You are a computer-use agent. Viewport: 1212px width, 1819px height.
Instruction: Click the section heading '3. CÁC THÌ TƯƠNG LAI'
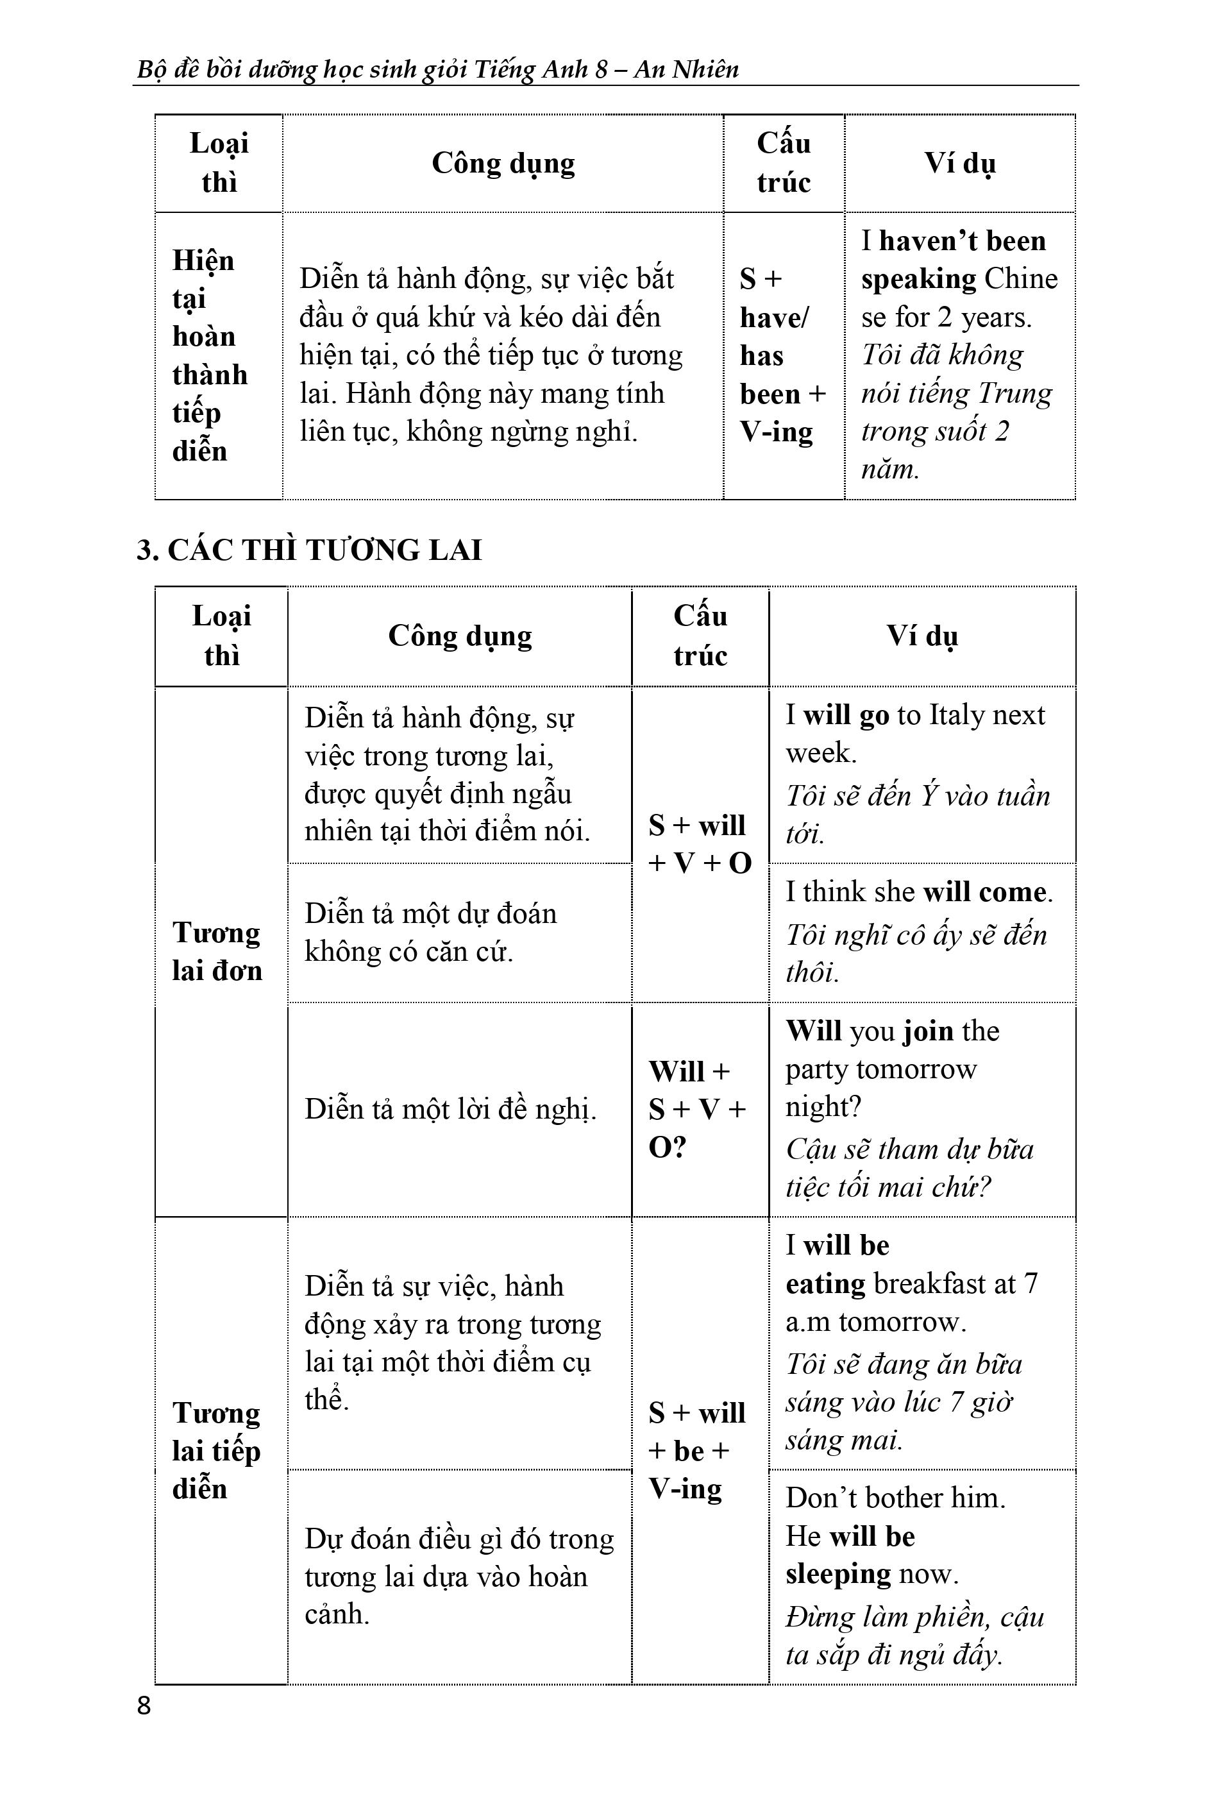pos(309,550)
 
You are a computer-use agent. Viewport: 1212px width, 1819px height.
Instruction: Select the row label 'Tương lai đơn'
pos(217,952)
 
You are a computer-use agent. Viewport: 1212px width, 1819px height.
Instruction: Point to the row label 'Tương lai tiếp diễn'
pos(217,1451)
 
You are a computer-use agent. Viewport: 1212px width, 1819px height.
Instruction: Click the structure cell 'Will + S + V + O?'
pos(696,1110)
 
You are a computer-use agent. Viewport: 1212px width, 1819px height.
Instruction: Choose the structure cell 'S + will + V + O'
pos(700,844)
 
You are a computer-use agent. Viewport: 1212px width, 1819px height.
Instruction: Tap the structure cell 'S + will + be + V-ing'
pos(696,1451)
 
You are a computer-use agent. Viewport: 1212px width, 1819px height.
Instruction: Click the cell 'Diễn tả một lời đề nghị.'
pos(451,1110)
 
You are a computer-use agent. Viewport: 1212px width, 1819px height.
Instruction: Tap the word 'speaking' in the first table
pos(918,279)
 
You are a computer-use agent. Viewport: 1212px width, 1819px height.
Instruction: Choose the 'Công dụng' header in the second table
pos(460,636)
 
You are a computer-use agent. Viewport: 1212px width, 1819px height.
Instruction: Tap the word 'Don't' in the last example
pos(821,1498)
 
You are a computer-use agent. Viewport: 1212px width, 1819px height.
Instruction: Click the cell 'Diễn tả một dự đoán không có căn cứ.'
pos(430,933)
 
